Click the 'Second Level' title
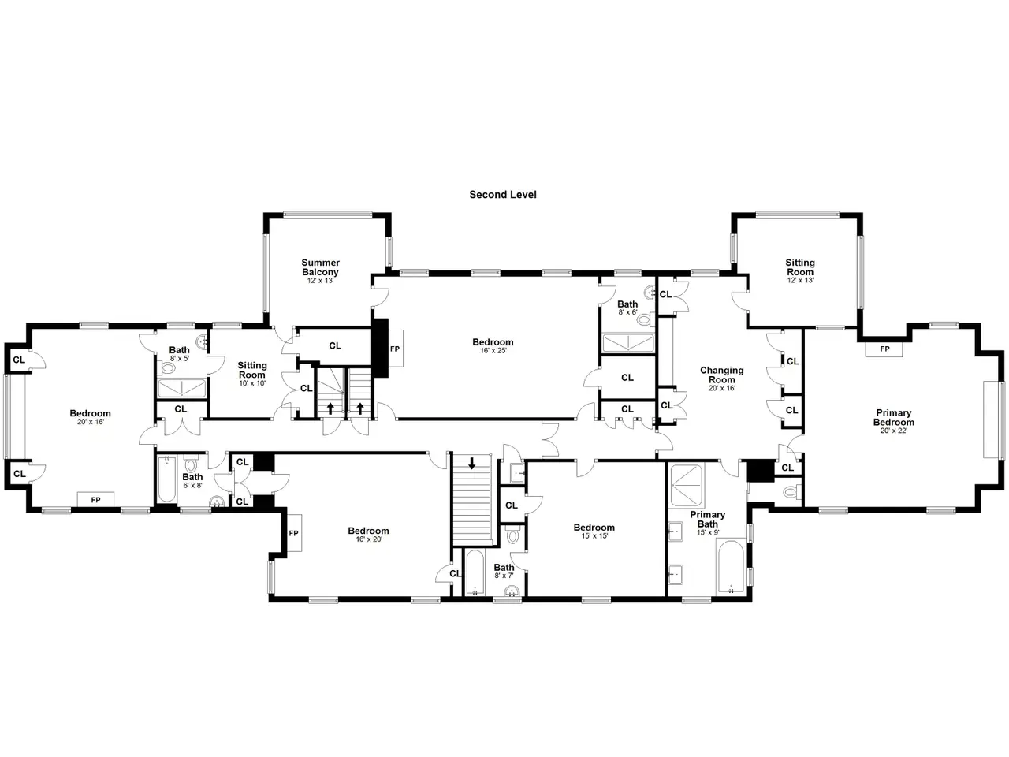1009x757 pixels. [502, 195]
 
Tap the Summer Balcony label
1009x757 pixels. [320, 267]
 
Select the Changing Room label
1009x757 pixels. [722, 375]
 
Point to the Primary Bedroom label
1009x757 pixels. [894, 417]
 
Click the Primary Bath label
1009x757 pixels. [707, 519]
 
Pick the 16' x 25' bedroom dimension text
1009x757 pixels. [493, 351]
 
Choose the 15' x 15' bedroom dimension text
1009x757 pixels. [594, 536]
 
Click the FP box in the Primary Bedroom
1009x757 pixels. [884, 349]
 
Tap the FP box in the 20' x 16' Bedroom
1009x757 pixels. [95, 500]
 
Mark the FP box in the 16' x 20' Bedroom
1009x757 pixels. [294, 533]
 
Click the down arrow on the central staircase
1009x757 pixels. [471, 464]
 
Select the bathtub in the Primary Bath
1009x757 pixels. [731, 567]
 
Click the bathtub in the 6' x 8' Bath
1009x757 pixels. [166, 479]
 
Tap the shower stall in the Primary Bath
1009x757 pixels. [687, 486]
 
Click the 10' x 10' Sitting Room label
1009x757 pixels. [252, 374]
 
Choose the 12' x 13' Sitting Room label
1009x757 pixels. [800, 271]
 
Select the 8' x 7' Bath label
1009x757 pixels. [504, 572]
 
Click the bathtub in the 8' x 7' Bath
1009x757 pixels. [475, 572]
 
